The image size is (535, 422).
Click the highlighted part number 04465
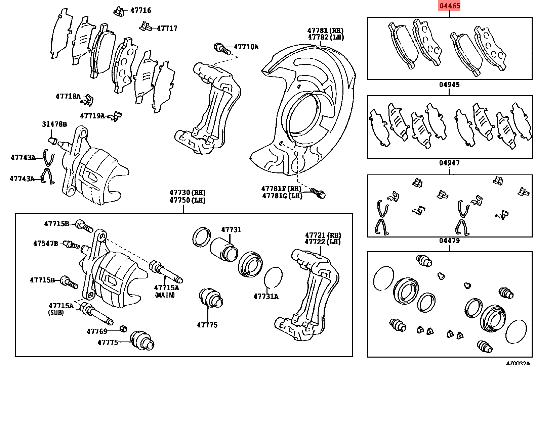pyautogui.click(x=449, y=6)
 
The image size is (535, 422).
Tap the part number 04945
pyautogui.click(x=449, y=85)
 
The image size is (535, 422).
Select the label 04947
pyautogui.click(x=449, y=163)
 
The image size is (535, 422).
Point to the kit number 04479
pyautogui.click(x=449, y=241)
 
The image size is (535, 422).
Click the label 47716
pyautogui.click(x=140, y=10)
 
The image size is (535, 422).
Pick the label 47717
pyautogui.click(x=167, y=28)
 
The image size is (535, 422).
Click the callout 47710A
pyautogui.click(x=246, y=47)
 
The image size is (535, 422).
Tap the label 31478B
pyautogui.click(x=54, y=124)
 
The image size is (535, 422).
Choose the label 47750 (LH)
pyautogui.click(x=188, y=200)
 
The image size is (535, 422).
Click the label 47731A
pyautogui.click(x=266, y=297)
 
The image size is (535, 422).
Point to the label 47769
pyautogui.click(x=97, y=331)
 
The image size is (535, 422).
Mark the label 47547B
pyautogui.click(x=45, y=243)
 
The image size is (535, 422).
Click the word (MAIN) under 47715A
pyautogui.click(x=165, y=295)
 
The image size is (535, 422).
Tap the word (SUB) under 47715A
pyautogui.click(x=56, y=312)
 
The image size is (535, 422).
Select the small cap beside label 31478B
pyautogui.click(x=52, y=140)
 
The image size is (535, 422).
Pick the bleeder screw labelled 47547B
pyautogui.click(x=71, y=245)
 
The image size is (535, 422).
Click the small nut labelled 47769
pyautogui.click(x=123, y=328)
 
